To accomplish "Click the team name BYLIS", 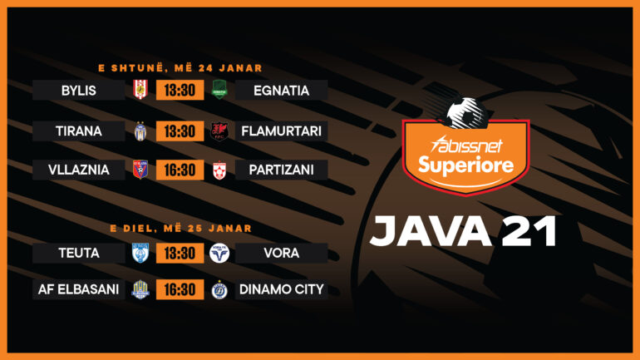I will coord(79,91).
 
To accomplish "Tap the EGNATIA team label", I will coord(281,91).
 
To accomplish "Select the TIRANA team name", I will coord(79,131).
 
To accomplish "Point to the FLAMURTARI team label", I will coord(281,131).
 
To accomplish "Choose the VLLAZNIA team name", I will coord(79,170).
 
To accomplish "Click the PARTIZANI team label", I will coord(281,170).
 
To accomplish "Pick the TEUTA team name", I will coord(79,253).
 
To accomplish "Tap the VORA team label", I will coord(281,253).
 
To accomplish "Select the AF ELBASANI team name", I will coord(79,289).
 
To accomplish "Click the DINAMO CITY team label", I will coord(281,289).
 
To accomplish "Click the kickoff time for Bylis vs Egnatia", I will coord(180,91).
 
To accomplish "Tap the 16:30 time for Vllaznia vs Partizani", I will coord(180,170).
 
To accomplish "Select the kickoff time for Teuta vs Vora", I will coord(180,253).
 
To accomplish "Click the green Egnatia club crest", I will coord(219,90).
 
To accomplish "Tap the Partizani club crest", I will coord(219,170).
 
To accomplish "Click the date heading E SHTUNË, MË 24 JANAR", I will coord(180,68).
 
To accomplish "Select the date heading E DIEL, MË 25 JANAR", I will coord(180,228).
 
